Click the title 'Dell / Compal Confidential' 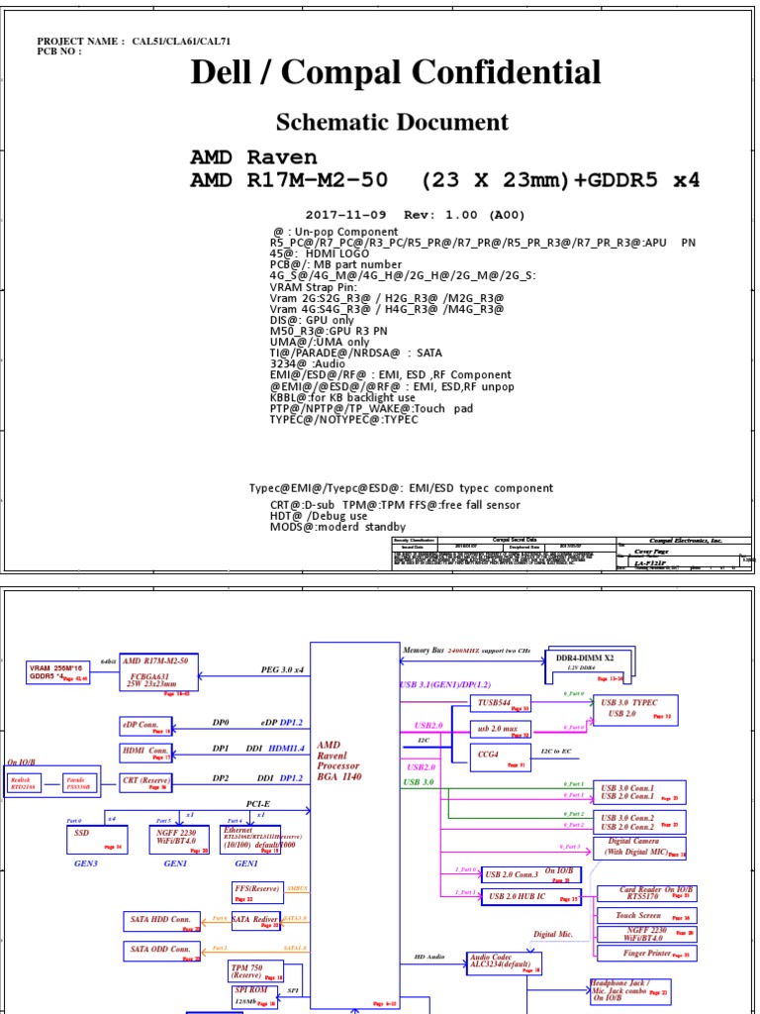(x=395, y=72)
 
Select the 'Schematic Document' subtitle (x=392, y=123)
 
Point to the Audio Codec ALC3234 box (x=504, y=962)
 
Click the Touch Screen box (x=646, y=917)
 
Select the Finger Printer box (x=646, y=953)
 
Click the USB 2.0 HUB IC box (x=530, y=897)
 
